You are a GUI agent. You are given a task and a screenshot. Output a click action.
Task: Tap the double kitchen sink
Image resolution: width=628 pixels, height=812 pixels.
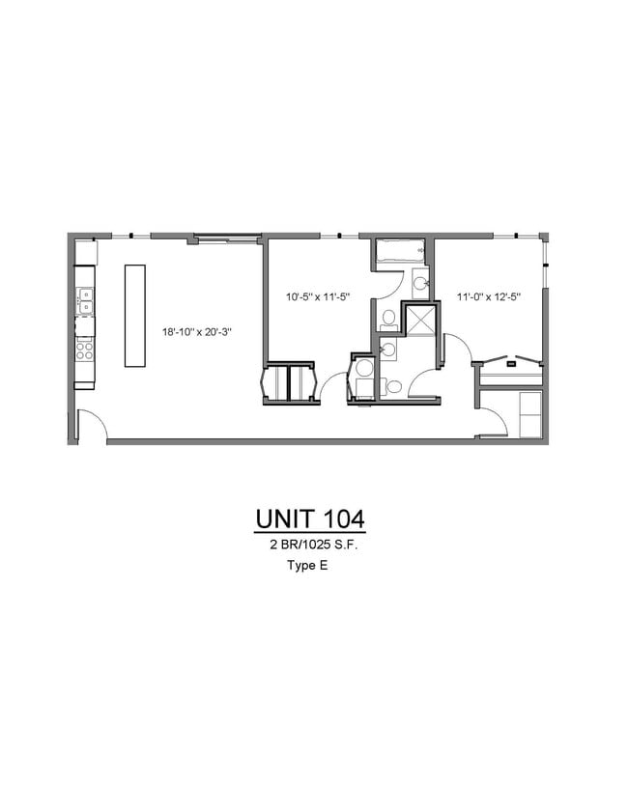85,300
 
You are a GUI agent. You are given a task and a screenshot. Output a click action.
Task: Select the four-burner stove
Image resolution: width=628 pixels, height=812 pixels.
85,349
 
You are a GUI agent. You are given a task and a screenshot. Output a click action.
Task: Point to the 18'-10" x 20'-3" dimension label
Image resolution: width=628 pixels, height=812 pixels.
197,332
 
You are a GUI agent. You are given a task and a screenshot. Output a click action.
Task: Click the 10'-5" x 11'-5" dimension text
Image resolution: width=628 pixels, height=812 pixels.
316,297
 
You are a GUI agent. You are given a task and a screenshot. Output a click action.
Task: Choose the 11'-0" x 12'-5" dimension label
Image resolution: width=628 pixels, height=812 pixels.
488,297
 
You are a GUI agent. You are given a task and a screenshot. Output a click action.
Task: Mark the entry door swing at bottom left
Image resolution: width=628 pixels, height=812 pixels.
92,426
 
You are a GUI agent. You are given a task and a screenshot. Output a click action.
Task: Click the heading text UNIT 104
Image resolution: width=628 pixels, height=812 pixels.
310,518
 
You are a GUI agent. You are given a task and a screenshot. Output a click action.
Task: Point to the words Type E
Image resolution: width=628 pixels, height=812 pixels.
307,567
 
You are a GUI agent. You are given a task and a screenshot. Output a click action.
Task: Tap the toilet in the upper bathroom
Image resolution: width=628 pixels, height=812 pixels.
387,318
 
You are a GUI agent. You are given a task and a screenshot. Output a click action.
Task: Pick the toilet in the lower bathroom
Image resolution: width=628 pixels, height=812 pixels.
393,387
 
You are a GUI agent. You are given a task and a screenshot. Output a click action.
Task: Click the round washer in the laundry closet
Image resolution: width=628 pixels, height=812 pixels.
364,368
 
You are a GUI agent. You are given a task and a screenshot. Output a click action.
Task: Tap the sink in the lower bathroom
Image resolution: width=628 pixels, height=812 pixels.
387,350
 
